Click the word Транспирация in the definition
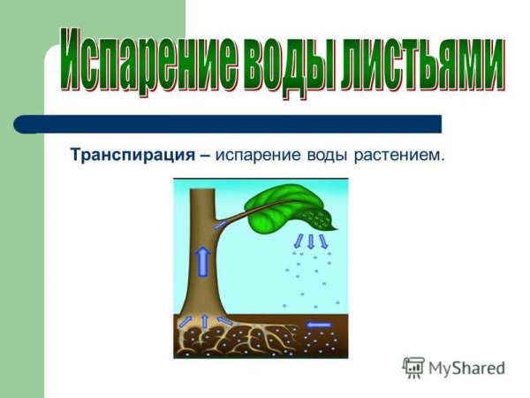click(x=133, y=156)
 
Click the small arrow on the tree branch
click(x=221, y=226)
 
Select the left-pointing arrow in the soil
click(x=319, y=325)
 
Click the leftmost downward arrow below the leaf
click(x=299, y=240)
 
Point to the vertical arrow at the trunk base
click(x=205, y=320)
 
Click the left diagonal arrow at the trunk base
click(x=186, y=322)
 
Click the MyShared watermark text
click(x=466, y=369)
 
